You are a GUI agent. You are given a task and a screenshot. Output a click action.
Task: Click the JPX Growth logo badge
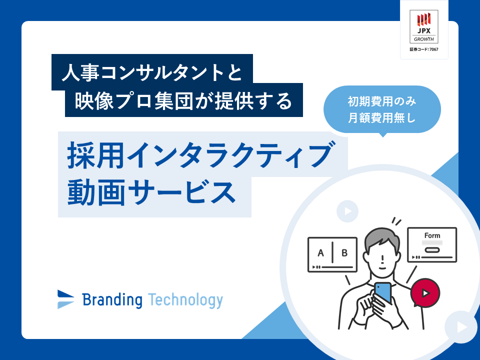click(x=424, y=26)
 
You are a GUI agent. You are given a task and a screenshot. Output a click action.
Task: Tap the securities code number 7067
click(x=433, y=49)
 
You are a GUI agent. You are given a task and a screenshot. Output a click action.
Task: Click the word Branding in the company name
click(x=112, y=300)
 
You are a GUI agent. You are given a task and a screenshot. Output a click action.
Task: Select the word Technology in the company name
click(x=185, y=300)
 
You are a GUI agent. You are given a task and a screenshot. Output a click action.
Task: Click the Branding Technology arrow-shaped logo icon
click(x=65, y=299)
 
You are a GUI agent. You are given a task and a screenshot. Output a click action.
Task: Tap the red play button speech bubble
click(x=425, y=293)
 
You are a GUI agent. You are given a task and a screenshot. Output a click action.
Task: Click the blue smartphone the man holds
click(x=383, y=292)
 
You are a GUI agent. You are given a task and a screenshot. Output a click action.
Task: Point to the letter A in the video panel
click(x=320, y=253)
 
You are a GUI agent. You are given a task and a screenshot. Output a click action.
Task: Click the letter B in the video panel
click(x=344, y=253)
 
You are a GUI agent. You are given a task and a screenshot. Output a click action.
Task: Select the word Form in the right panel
click(x=432, y=235)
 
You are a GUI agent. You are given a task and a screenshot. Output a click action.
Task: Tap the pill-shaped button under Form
click(x=432, y=250)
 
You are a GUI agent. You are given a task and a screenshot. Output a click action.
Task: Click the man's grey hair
click(x=382, y=239)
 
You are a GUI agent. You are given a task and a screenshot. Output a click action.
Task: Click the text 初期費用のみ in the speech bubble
click(x=381, y=101)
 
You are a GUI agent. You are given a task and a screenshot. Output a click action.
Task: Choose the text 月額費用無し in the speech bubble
click(x=381, y=118)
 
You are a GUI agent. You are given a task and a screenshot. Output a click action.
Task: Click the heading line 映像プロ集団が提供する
click(x=183, y=100)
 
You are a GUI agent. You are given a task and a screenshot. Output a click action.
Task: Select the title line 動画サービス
click(x=151, y=192)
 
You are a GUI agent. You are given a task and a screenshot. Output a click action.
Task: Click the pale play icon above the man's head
click(x=347, y=211)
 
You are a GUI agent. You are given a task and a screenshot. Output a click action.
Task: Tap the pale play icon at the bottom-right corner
click(x=460, y=327)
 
